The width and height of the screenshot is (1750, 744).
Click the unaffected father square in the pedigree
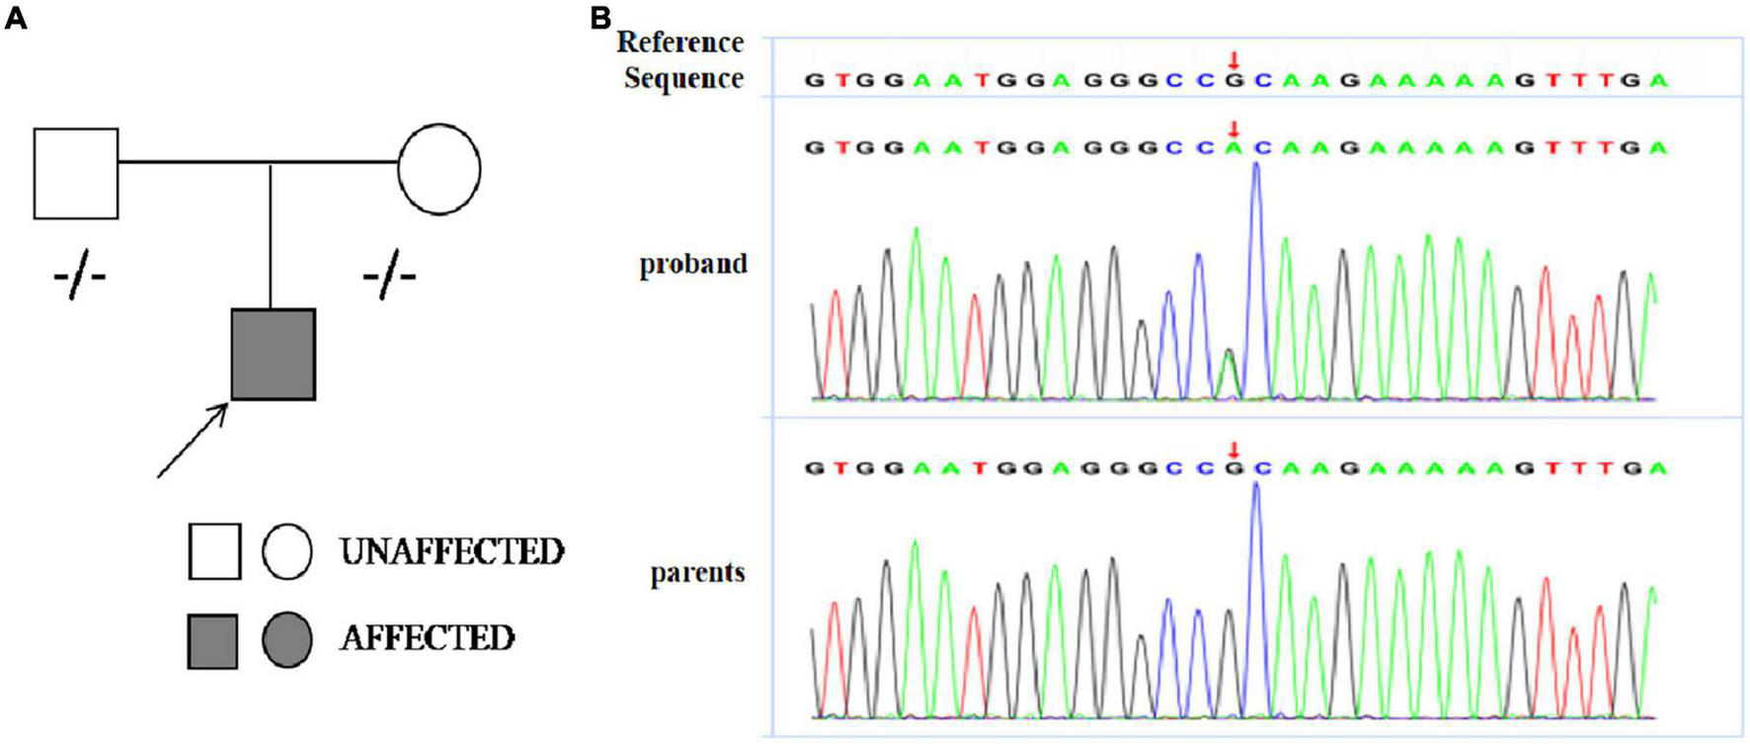(x=76, y=173)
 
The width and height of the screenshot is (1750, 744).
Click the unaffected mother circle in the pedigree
(x=439, y=169)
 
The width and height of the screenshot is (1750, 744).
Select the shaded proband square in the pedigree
(x=274, y=355)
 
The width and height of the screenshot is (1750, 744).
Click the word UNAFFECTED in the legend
(x=451, y=551)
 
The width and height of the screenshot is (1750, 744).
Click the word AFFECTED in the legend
(x=427, y=638)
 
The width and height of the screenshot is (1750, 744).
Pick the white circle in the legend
(x=287, y=551)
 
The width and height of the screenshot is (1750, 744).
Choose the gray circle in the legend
(x=287, y=639)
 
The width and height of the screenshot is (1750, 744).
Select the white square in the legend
(x=214, y=551)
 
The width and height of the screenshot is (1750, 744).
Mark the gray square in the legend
(x=212, y=640)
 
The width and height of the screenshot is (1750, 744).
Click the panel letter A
(x=16, y=19)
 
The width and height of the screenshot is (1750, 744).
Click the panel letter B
(x=600, y=17)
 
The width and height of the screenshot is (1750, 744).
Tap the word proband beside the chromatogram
(x=693, y=265)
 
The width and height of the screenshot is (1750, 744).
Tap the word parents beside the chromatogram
(x=697, y=573)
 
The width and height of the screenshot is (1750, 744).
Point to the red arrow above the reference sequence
(x=1233, y=61)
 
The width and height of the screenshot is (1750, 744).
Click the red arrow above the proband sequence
(x=1233, y=128)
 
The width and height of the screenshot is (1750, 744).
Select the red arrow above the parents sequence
(x=1233, y=451)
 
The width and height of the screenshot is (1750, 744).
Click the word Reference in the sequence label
(x=679, y=42)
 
